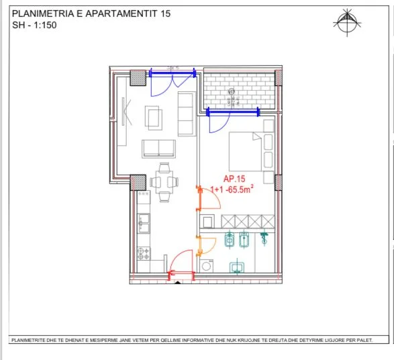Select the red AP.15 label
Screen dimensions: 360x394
pos(227,179)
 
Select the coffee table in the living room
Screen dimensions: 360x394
pos(154,118)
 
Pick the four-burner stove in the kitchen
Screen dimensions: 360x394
pos(144,254)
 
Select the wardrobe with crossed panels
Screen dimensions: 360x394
pos(247,222)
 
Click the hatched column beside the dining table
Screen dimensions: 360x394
pos(138,181)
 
